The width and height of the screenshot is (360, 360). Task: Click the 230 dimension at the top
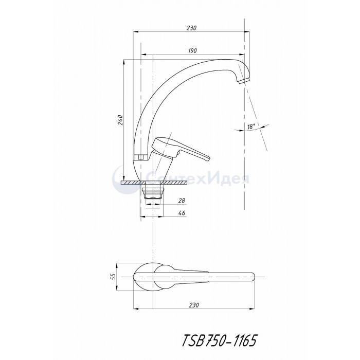pos(191,28)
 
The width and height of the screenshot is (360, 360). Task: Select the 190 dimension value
pos(192,50)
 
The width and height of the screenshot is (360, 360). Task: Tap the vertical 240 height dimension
pos(120,120)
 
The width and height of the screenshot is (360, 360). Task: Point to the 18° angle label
pos(251,127)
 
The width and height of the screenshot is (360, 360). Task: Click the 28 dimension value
pos(182,201)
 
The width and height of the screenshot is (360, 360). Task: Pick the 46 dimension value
pos(182,213)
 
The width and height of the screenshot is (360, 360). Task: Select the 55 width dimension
pos(113,277)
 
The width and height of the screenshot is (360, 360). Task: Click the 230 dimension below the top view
pos(194,305)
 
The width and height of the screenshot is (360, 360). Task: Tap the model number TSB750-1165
pos(219,340)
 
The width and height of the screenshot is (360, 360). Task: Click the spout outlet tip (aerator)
pos(243,81)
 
